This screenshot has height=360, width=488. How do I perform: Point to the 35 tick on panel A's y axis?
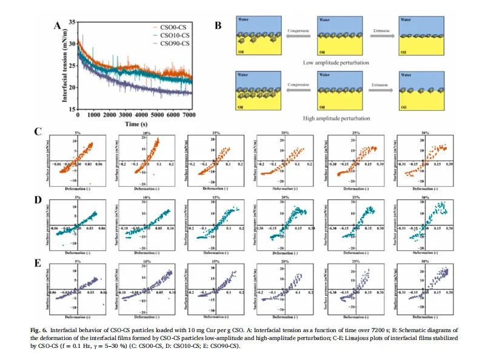(x=72, y=22)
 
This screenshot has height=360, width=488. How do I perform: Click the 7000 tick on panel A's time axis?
(x=190, y=115)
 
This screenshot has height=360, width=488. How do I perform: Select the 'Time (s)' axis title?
(x=134, y=123)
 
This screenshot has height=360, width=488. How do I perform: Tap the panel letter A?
(x=58, y=25)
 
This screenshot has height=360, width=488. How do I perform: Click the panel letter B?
(x=218, y=25)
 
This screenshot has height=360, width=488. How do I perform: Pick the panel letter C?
(x=38, y=132)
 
